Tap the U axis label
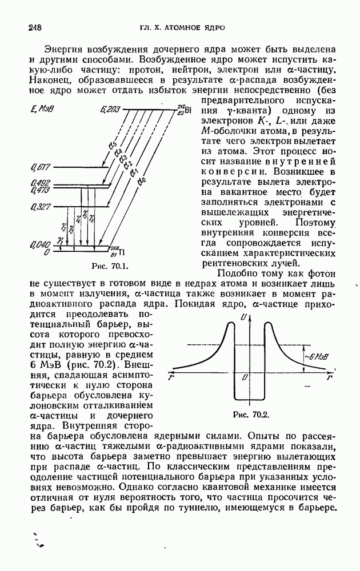244,317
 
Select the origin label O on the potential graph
244,378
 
